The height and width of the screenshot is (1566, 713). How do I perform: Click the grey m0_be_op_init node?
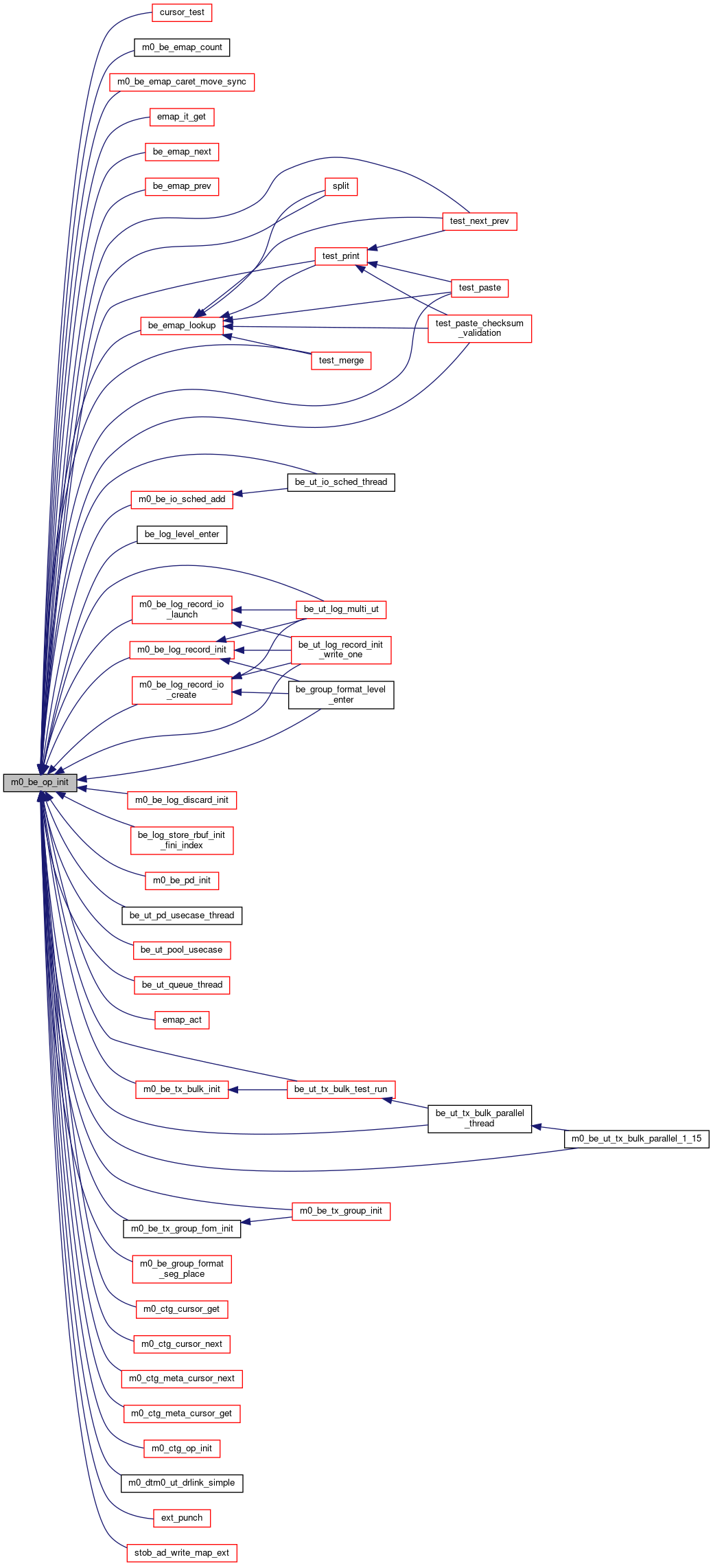[x=40, y=782]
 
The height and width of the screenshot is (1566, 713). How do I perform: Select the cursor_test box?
[x=182, y=12]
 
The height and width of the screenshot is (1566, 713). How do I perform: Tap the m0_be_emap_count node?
[x=182, y=47]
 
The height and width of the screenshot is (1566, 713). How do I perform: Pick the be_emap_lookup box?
[x=182, y=326]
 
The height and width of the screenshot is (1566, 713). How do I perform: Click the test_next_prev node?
[x=480, y=221]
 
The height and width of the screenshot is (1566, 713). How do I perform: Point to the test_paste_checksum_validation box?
[x=480, y=328]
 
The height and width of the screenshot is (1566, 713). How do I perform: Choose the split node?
[x=341, y=186]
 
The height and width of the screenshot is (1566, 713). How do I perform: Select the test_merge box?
[x=341, y=361]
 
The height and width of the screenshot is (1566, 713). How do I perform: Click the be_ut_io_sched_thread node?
[x=341, y=482]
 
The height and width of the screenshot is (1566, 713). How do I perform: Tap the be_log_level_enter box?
[x=182, y=534]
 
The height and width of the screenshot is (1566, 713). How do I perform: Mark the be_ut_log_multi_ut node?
[x=341, y=609]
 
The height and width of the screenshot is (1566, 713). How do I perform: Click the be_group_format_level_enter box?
[x=341, y=695]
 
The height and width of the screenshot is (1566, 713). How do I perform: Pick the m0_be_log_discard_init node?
[x=182, y=800]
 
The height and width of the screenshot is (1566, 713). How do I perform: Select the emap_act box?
[x=182, y=1020]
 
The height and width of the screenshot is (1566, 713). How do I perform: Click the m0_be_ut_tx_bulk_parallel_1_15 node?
[x=637, y=1139]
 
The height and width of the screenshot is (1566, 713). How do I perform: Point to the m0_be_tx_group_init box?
[x=341, y=1211]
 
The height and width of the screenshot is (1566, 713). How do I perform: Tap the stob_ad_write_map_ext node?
[x=182, y=1553]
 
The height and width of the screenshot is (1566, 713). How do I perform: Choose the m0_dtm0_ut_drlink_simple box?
[x=182, y=1483]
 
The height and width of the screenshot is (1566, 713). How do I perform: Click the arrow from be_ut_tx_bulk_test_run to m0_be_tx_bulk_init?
[x=257, y=1089]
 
